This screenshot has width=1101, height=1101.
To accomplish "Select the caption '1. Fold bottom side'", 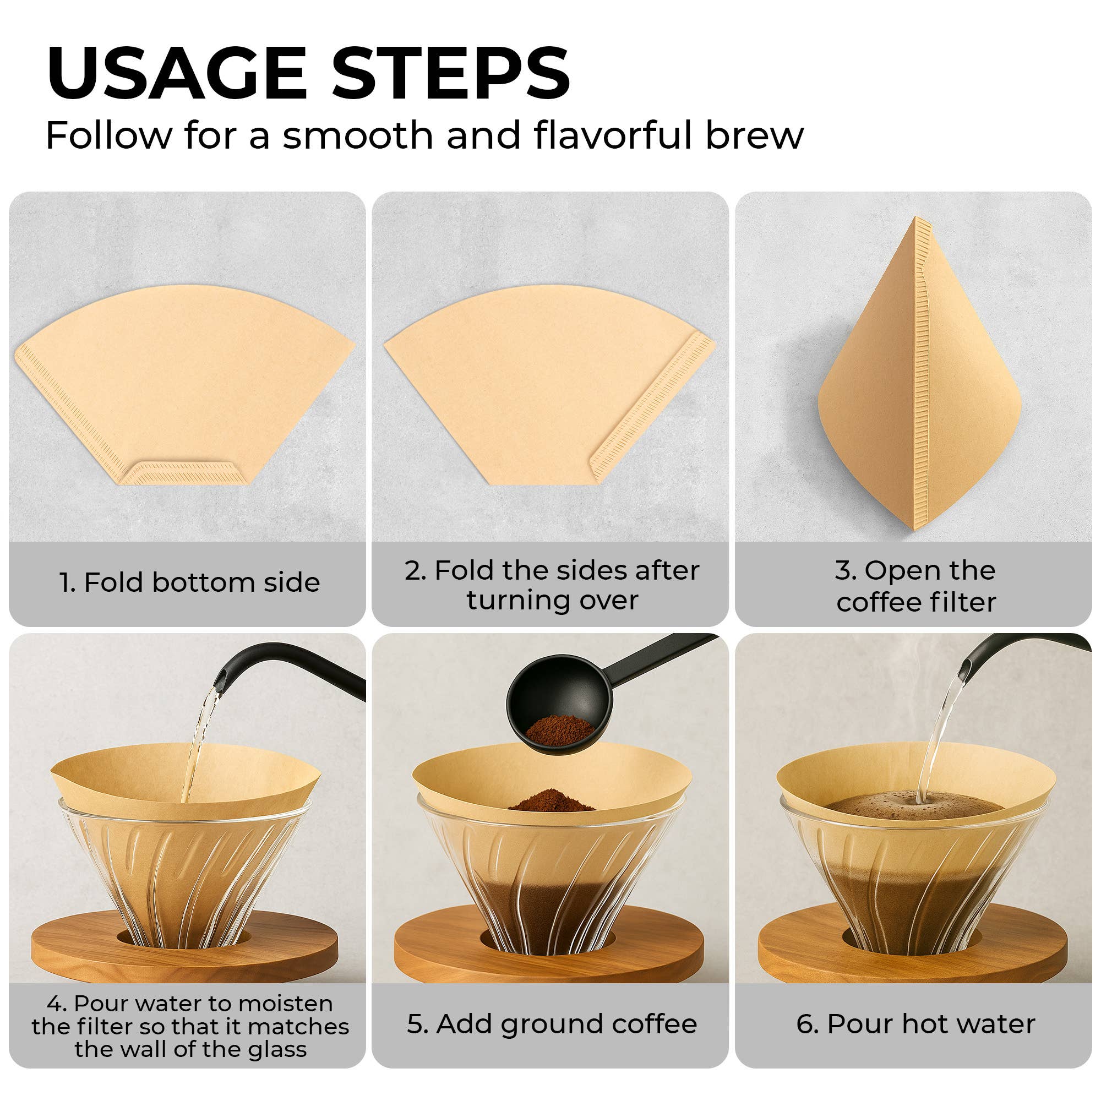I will pos(189,582).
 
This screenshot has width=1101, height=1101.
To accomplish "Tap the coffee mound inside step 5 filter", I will pos(551,800).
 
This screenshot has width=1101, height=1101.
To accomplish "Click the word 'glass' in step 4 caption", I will pos(277,1049).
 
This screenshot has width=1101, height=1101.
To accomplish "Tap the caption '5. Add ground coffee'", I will pos(552,1024).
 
